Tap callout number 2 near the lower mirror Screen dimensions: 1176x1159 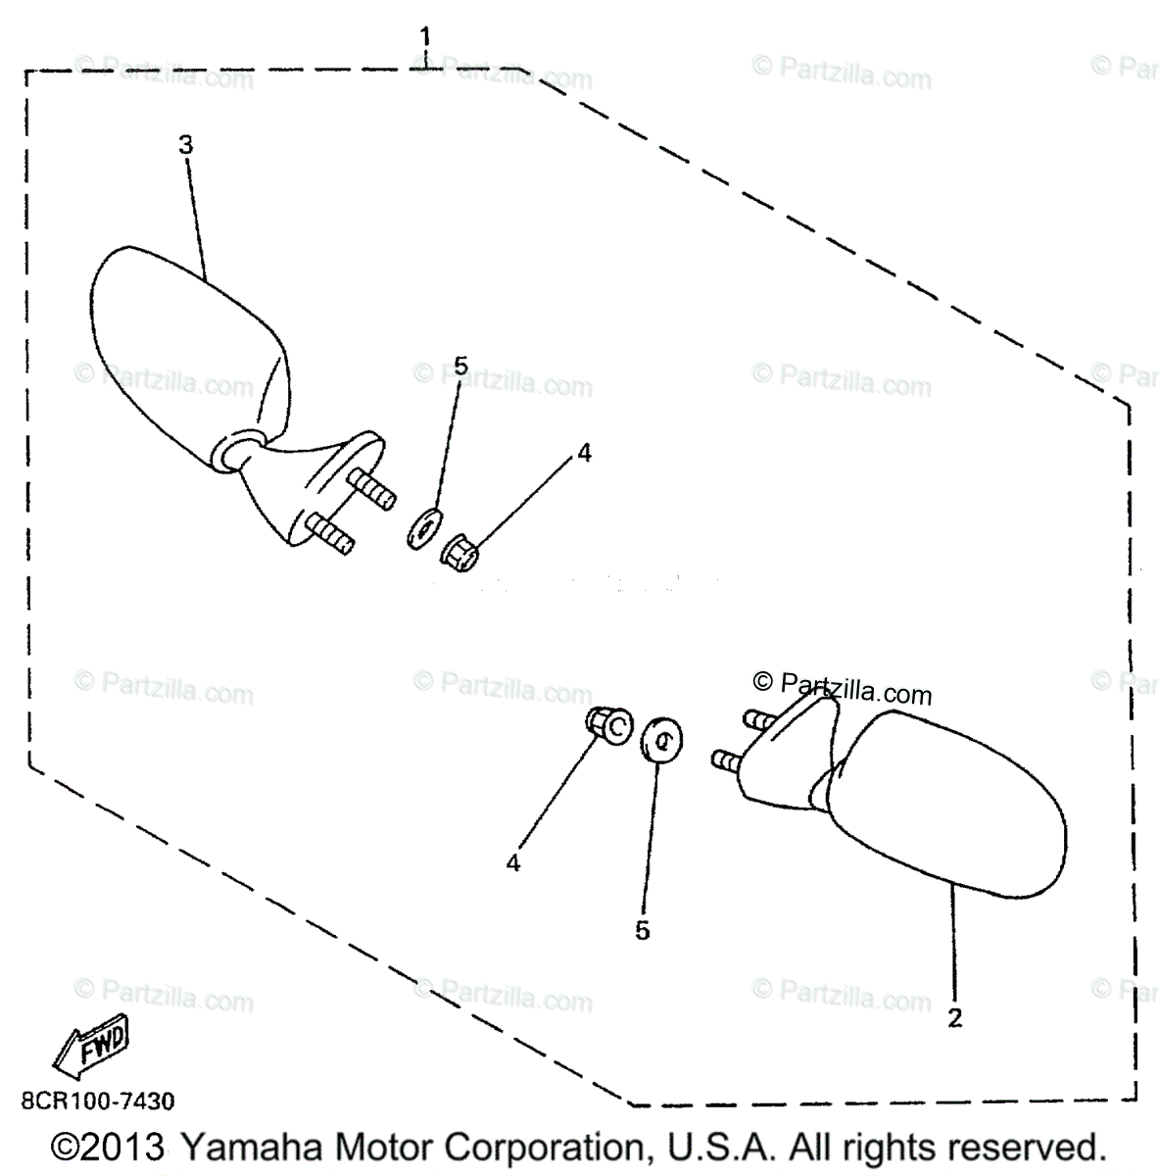(x=954, y=1017)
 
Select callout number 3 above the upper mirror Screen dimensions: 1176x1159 (x=185, y=145)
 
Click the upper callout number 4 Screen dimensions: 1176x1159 (x=584, y=453)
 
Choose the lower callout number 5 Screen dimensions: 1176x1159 (x=642, y=930)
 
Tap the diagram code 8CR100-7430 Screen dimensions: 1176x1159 (x=97, y=1102)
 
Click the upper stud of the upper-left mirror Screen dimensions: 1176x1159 (x=371, y=487)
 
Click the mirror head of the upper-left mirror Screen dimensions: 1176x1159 (x=181, y=343)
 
